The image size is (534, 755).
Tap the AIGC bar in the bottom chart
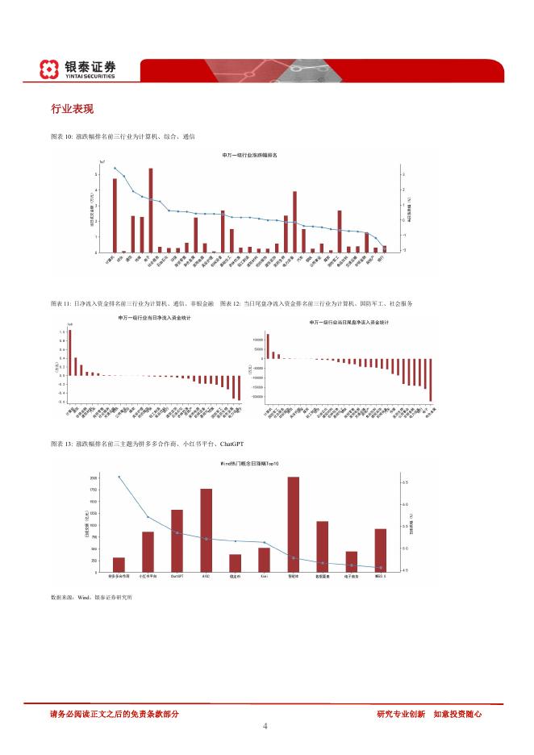pos(207,530)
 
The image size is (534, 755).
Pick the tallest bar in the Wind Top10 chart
pos(293,524)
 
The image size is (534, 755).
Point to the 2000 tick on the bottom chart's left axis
pos(94,478)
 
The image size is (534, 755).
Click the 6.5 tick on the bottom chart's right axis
pos(405,482)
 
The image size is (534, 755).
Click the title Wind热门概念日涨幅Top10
pos(249,465)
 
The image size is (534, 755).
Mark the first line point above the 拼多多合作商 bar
pos(119,477)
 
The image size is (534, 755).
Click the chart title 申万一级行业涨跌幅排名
pos(250,155)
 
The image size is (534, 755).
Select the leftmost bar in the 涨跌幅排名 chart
pos(115,215)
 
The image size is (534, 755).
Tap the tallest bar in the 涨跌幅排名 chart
pos(151,210)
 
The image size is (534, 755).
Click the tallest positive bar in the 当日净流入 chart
pos(70,352)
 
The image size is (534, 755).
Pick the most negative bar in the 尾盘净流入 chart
pos(431,379)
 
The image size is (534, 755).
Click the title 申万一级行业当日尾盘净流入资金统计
pos(349,323)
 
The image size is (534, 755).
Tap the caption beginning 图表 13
pos(147,444)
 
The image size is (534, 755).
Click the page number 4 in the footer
pos(265,726)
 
